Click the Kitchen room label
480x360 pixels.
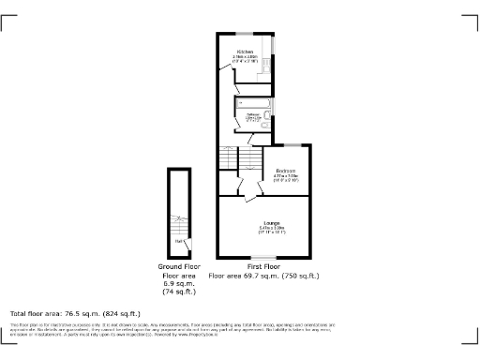coord(245,52)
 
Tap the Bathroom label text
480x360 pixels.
coord(252,113)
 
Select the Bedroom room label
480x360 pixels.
coord(285,170)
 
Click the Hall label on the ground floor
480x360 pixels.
coord(178,242)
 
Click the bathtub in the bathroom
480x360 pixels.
coord(252,102)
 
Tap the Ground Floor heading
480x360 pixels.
coord(178,267)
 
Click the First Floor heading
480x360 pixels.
coord(264,267)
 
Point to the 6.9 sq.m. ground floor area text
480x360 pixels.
coord(178,285)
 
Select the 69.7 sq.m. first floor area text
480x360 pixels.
coord(264,277)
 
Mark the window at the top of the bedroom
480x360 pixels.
coord(292,145)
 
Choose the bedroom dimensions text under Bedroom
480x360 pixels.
coord(285,177)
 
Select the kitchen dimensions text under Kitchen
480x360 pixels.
coord(245,59)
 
